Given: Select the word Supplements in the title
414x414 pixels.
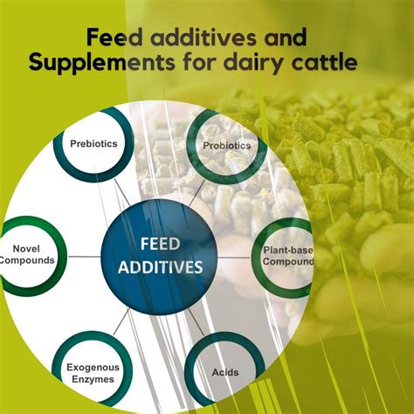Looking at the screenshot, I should pos(97,64).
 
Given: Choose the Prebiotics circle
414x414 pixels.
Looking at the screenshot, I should pos(93,144).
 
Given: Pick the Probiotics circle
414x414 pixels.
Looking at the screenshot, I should pos(227,144).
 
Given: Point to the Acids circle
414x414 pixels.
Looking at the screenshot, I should pos(225,372).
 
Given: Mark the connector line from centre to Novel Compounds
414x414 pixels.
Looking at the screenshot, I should pos(84,256).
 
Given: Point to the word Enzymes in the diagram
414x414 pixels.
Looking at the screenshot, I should pos(93,379).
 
